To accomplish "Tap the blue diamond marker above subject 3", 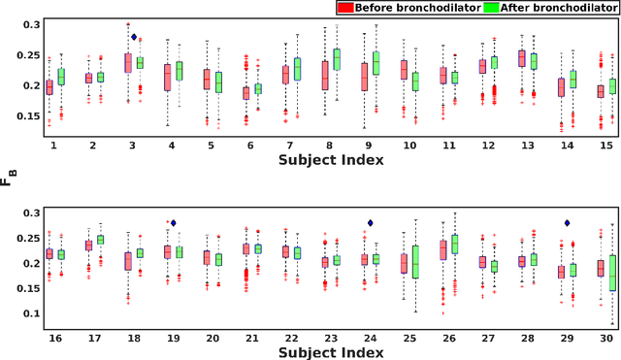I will coord(135,37).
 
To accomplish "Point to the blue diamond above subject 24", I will coord(371,223).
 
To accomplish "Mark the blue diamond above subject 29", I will coord(568,223).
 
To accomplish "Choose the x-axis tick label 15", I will coord(606,145).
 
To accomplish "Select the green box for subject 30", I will coord(613,274).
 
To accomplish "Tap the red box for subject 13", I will coord(521,58).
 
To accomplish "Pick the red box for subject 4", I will coord(167,78).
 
